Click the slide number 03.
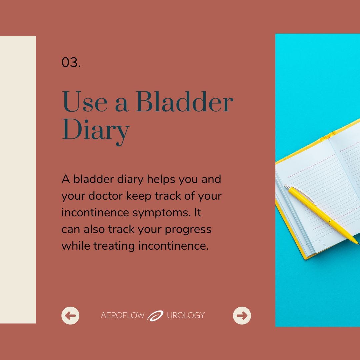pos(71,62)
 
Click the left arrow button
pos(70,315)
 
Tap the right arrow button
pos(242,315)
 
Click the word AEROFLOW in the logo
pos(123,315)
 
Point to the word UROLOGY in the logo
pos(186,315)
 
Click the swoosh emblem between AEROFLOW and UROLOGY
pos(155,315)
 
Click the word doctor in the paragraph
pos(106,196)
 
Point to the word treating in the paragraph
pos(114,246)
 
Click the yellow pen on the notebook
pos(321,215)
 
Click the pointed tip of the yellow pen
pos(358,244)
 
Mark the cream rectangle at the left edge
pos(18,180)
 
